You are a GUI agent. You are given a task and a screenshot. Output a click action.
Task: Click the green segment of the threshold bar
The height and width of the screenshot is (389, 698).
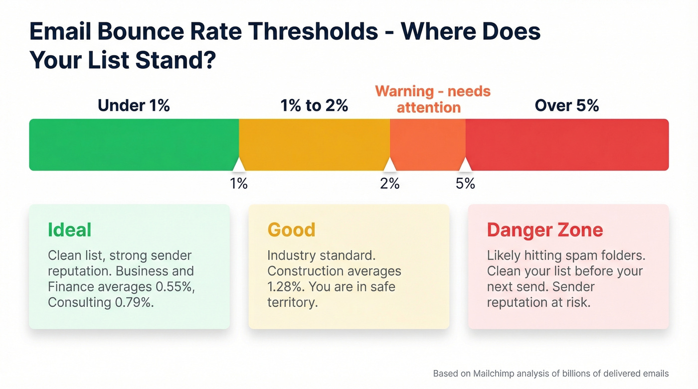(x=134, y=144)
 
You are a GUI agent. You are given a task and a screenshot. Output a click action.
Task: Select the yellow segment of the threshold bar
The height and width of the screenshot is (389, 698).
(x=314, y=144)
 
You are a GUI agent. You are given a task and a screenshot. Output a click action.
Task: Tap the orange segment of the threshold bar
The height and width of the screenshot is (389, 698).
(x=427, y=144)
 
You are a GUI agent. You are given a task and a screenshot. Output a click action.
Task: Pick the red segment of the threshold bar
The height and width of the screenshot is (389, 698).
(x=567, y=144)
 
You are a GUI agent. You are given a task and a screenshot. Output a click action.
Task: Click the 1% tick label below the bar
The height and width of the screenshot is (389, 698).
(x=239, y=184)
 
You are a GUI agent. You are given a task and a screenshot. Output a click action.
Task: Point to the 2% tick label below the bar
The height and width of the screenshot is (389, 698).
(x=390, y=184)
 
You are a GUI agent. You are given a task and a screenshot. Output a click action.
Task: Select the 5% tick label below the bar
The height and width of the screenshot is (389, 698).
(x=465, y=184)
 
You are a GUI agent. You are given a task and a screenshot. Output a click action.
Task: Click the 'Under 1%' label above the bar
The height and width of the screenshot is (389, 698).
(x=134, y=106)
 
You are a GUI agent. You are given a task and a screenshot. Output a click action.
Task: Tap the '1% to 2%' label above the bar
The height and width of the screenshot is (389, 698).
(x=314, y=106)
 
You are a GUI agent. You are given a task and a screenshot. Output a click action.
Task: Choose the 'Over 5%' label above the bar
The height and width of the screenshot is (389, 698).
(x=567, y=106)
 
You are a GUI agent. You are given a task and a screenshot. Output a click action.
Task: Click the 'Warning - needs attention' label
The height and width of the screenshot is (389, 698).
(x=432, y=99)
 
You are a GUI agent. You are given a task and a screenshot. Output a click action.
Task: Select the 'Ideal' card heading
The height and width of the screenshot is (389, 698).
(x=70, y=230)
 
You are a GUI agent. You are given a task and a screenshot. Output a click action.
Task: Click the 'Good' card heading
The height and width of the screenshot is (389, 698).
(x=292, y=230)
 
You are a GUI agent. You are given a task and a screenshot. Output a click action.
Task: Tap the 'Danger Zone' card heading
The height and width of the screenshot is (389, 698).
(x=545, y=230)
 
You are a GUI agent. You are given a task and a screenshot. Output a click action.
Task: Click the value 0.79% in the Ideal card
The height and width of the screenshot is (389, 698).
(x=134, y=302)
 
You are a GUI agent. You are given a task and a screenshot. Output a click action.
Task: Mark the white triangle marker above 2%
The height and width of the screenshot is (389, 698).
(x=390, y=165)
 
